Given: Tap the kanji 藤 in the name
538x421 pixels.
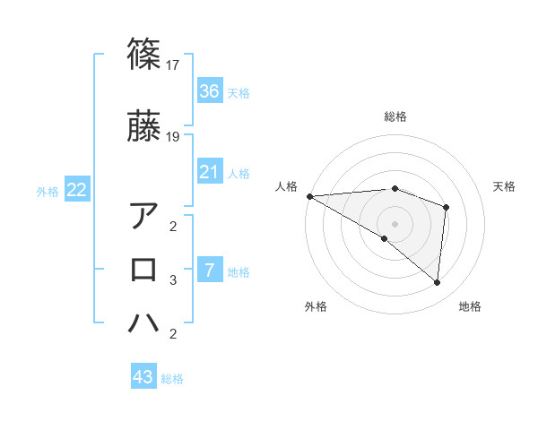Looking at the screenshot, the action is click(143, 126).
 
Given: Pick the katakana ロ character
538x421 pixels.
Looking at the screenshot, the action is click(143, 270).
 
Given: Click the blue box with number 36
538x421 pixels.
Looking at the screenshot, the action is click(210, 91).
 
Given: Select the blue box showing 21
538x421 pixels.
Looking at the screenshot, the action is click(210, 172).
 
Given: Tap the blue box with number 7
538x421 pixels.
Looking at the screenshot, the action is click(210, 271).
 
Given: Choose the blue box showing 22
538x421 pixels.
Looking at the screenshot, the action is click(77, 190).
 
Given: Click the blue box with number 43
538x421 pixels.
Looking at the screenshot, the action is click(143, 377).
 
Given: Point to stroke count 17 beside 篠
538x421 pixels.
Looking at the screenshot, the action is click(175, 65).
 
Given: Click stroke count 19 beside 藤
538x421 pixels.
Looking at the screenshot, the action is click(175, 137).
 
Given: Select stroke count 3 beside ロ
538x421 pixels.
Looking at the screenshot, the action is click(173, 280).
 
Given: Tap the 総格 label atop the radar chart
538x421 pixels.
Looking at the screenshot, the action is click(395, 116).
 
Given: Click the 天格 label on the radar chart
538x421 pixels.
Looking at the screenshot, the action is click(504, 186).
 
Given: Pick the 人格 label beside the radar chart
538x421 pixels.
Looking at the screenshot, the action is click(286, 186).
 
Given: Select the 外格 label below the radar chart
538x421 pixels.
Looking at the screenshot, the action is click(316, 307).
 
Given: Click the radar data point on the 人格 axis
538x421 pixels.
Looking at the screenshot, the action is click(309, 195).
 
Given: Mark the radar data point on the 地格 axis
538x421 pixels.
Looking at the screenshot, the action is click(437, 282).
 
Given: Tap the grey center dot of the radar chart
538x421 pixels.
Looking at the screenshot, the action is click(395, 222).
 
